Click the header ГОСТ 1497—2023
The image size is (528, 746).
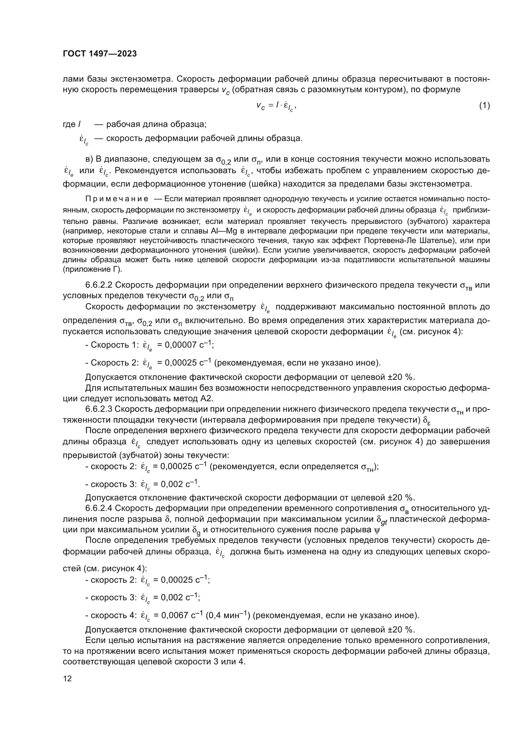(x=100, y=54)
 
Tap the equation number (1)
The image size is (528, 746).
(x=485, y=106)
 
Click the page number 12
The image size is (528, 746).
(x=67, y=678)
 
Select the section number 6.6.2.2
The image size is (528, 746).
(x=99, y=285)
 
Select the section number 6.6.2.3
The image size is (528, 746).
(x=99, y=409)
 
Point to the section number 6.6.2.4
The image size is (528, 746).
(x=99, y=508)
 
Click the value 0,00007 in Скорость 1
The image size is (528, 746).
(x=179, y=345)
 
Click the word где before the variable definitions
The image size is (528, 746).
(x=69, y=124)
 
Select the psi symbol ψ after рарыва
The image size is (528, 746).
(x=377, y=530)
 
